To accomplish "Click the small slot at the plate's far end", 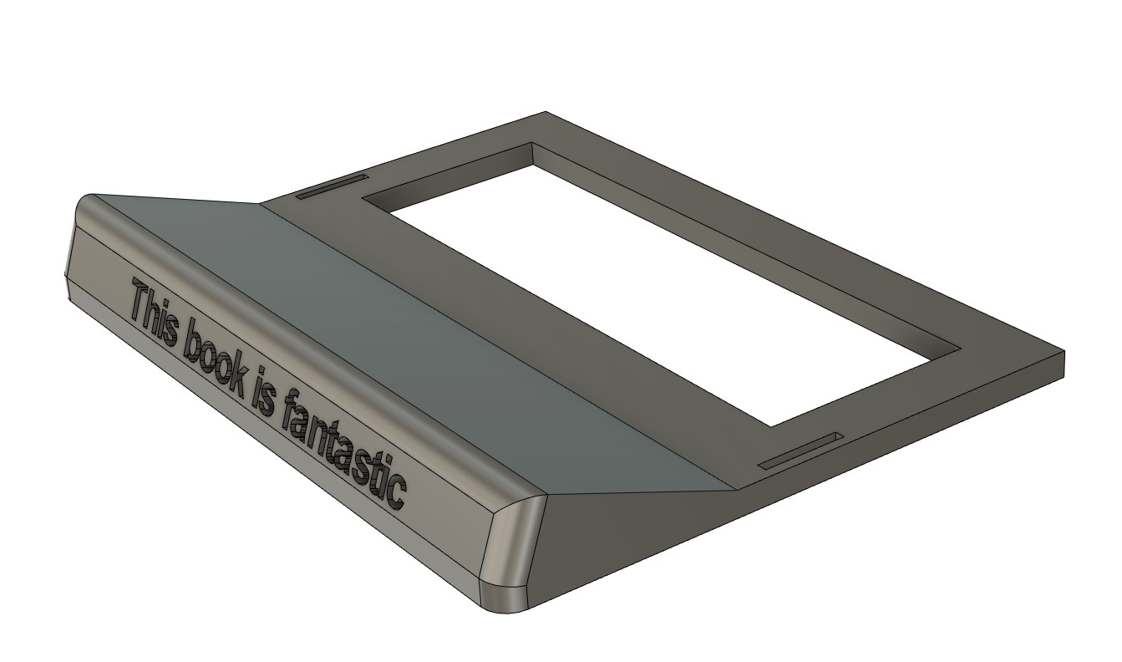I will (x=332, y=188).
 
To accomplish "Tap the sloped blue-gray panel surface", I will (x=401, y=334).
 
